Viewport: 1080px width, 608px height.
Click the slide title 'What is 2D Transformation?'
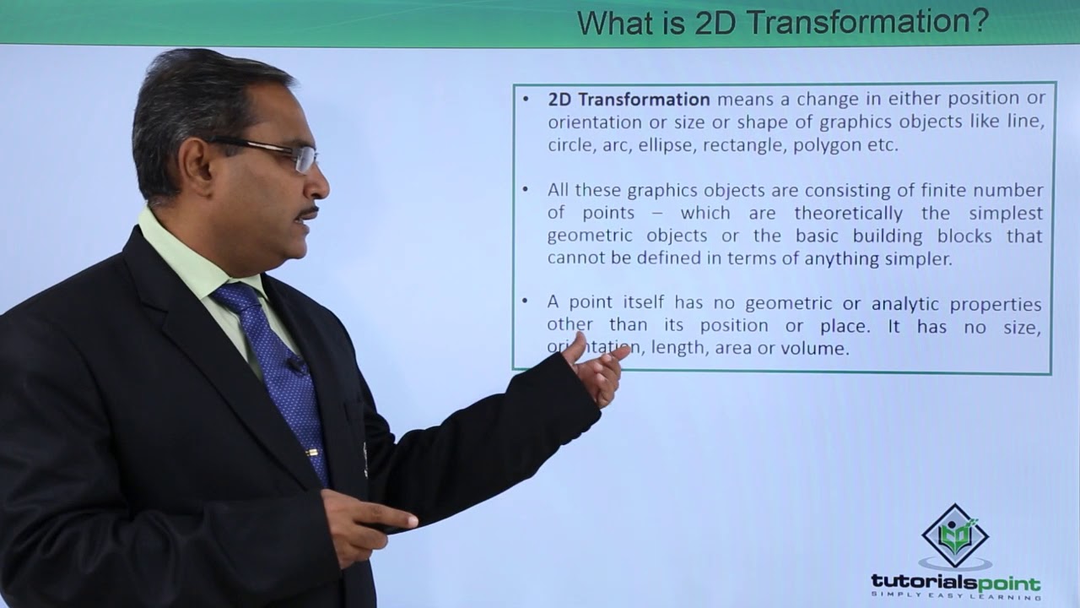(782, 22)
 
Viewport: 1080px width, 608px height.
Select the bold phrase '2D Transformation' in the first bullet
(629, 100)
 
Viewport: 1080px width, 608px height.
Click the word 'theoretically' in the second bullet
(848, 213)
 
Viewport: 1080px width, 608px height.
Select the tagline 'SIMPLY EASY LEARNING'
(954, 597)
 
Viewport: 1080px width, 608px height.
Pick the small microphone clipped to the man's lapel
(296, 366)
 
